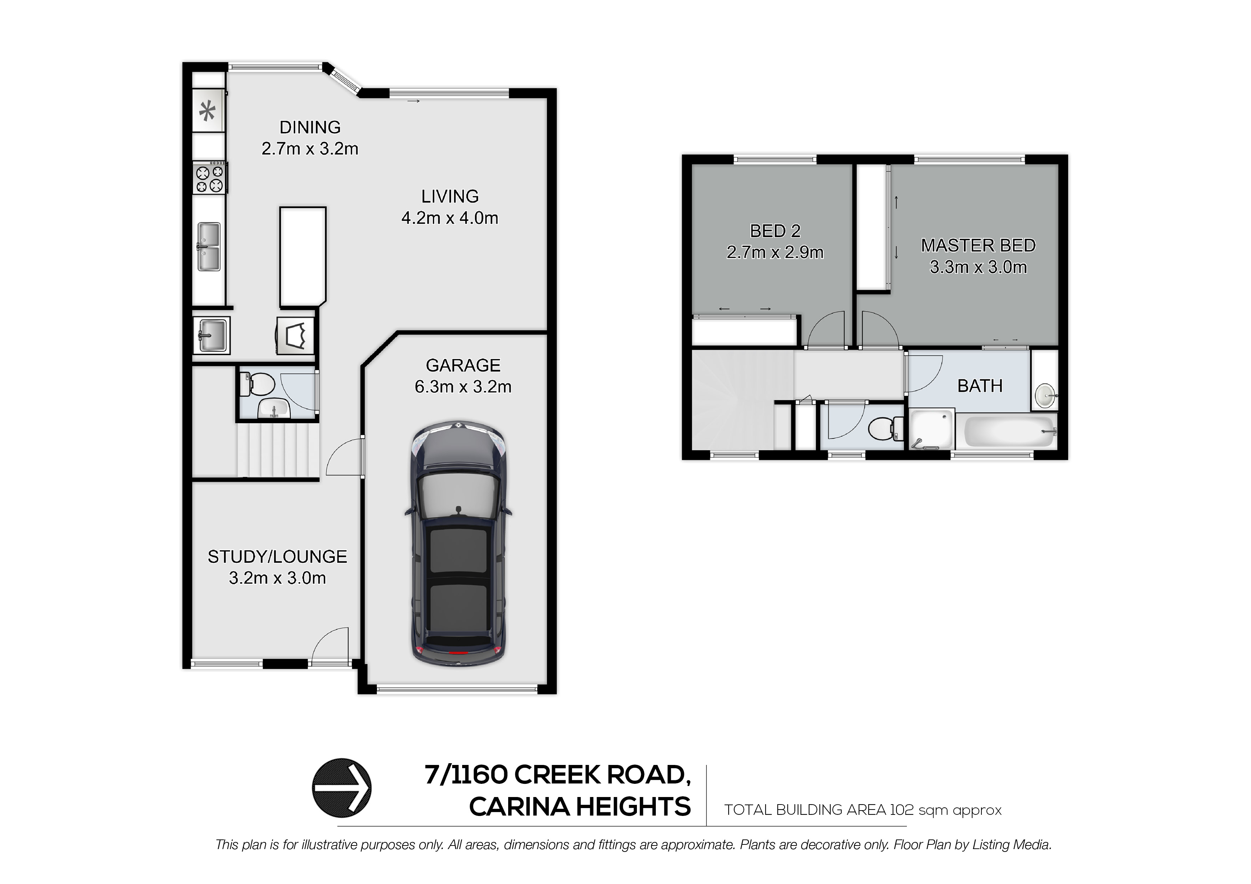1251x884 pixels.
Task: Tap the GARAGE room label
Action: point(463,365)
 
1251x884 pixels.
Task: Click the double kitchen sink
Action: point(209,246)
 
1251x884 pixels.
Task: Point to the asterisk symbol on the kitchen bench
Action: point(207,112)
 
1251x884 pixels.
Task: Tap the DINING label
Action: point(310,128)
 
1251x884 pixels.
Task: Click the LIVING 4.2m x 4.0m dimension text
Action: point(450,218)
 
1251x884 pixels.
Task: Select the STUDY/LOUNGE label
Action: point(277,557)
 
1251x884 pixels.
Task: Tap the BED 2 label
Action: point(775,231)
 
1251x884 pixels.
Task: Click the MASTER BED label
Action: point(978,246)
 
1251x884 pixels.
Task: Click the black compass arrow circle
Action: point(342,788)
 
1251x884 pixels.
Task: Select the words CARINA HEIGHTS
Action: point(580,807)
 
